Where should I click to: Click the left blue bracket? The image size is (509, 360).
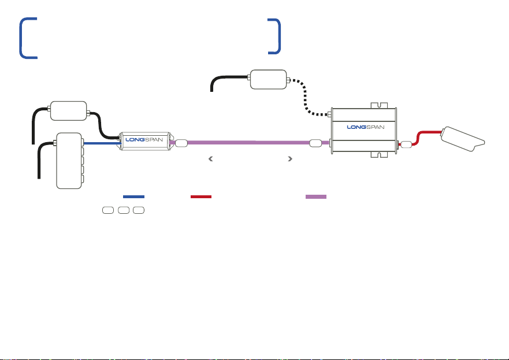coord(21,38)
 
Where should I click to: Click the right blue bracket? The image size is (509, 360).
coord(279,36)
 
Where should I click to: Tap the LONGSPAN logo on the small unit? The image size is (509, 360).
coord(144,140)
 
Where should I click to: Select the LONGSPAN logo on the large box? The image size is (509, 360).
coord(366,127)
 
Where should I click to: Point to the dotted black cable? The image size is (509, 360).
coord(305,98)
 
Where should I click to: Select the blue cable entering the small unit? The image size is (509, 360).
coord(102,143)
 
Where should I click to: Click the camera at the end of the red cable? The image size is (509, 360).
coord(462,139)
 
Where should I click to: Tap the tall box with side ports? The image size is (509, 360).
coord(69,161)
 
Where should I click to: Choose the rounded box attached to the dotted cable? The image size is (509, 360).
coord(269,79)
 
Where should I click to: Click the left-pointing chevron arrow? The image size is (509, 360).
coord(211,159)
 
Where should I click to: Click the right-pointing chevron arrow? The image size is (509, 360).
coord(290,159)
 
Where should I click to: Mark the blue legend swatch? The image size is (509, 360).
coord(133,196)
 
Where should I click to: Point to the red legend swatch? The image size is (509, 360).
coord(201,196)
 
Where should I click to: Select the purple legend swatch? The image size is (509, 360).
coord(316,196)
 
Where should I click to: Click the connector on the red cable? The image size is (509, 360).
coord(406,144)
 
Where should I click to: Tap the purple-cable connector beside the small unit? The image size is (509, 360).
coord(181,143)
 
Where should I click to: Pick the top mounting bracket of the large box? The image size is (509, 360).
coord(379,106)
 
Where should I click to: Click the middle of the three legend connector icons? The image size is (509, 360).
coord(124,210)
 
